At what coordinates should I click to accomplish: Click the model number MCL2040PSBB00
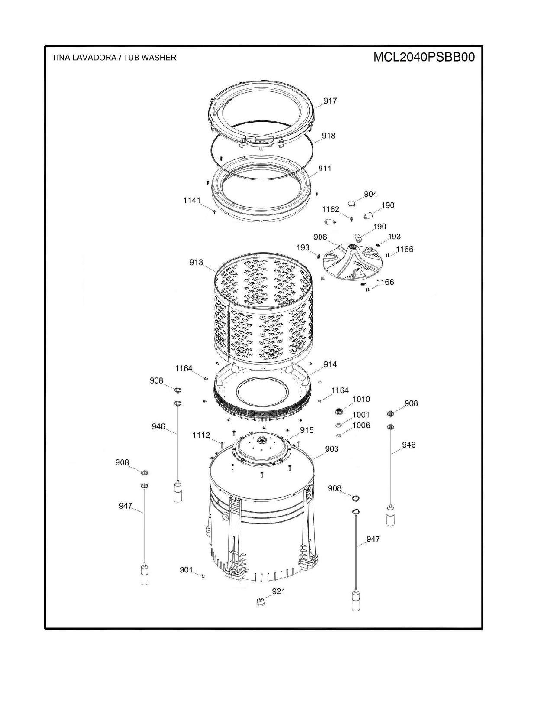pyautogui.click(x=424, y=58)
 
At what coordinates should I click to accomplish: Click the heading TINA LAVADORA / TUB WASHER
pyautogui.click(x=114, y=58)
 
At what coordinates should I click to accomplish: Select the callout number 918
pyautogui.click(x=328, y=136)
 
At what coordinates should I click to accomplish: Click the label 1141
pyautogui.click(x=192, y=200)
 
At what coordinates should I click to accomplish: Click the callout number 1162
pyautogui.click(x=331, y=209)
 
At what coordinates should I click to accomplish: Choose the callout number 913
pyautogui.click(x=196, y=262)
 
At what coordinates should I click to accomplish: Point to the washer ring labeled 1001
pyautogui.click(x=339, y=425)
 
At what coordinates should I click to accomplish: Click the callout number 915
pyautogui.click(x=307, y=430)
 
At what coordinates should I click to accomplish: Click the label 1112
pyautogui.click(x=201, y=435)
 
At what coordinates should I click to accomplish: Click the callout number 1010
pyautogui.click(x=361, y=399)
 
